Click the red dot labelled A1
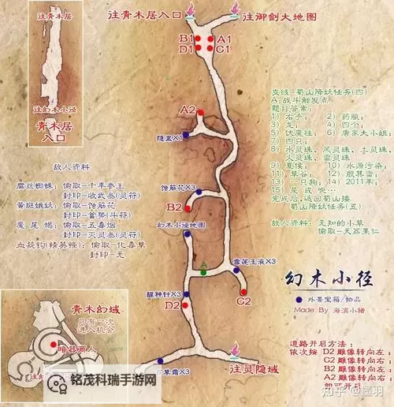point(210,39)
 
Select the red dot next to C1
point(210,50)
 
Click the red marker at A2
point(200,113)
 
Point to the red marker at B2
point(188,203)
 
